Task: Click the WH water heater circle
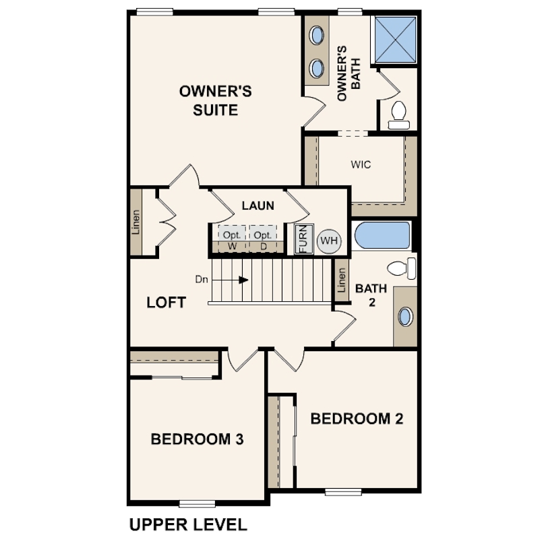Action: (x=329, y=241)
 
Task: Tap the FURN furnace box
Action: (x=303, y=239)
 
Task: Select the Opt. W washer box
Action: (x=232, y=239)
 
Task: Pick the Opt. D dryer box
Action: (x=263, y=239)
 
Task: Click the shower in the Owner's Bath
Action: (x=396, y=40)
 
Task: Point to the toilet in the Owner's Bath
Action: (x=398, y=115)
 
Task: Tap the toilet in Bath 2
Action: (x=402, y=268)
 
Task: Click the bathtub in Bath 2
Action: (x=382, y=235)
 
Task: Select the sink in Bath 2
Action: (x=405, y=317)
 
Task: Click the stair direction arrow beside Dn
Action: (x=230, y=280)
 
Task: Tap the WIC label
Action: (x=361, y=164)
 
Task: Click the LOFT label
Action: (x=166, y=302)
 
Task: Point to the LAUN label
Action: (x=258, y=206)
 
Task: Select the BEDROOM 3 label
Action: (x=197, y=439)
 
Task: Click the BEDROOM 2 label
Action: (x=357, y=419)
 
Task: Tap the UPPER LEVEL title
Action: (x=188, y=524)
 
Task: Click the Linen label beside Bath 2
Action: (x=342, y=280)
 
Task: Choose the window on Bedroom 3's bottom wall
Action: (x=197, y=504)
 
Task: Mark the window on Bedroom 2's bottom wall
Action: (x=343, y=491)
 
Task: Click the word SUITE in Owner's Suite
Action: (x=216, y=110)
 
